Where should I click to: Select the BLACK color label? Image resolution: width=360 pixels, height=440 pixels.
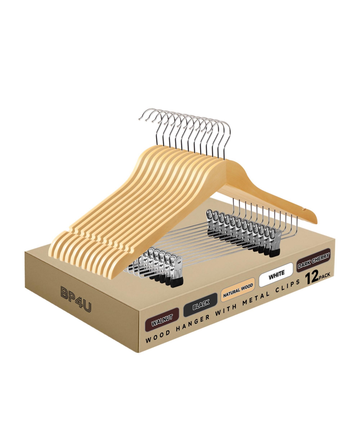(201, 305)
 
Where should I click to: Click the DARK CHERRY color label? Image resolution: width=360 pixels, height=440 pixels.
(314, 261)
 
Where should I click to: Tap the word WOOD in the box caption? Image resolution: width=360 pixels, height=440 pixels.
(158, 337)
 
